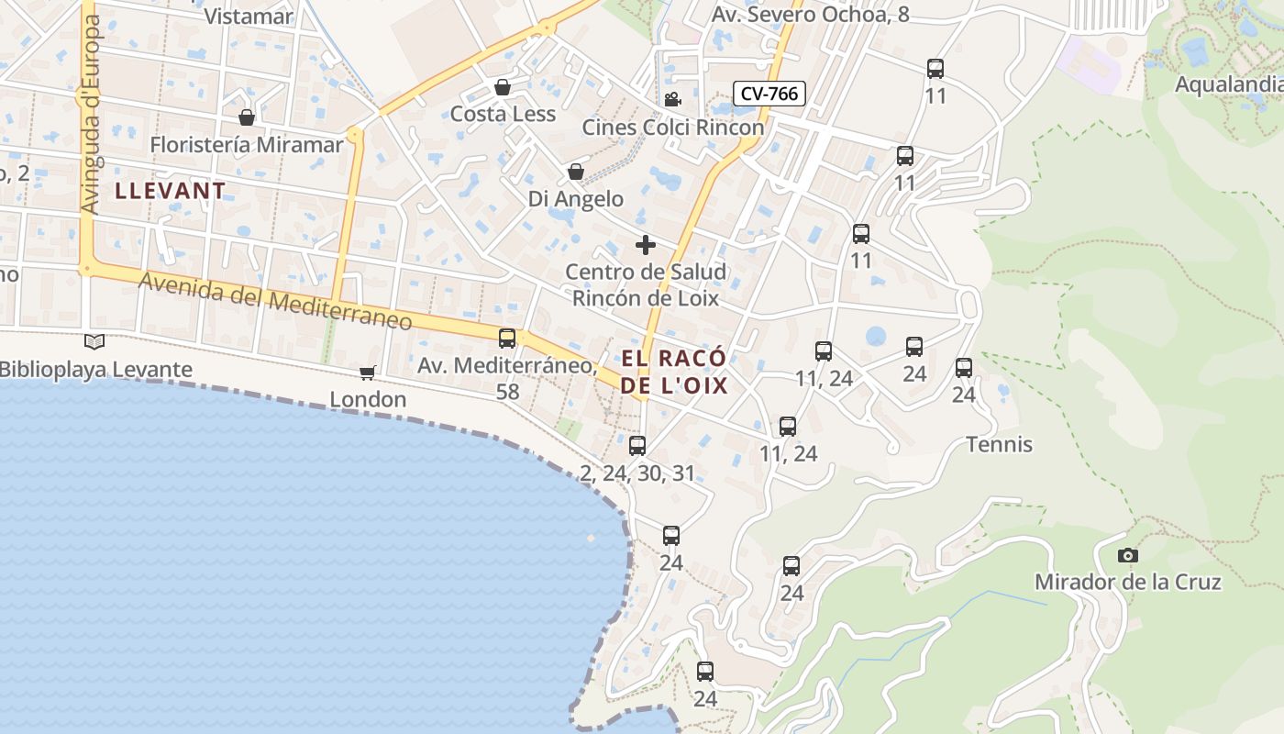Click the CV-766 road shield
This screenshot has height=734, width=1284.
(x=769, y=93)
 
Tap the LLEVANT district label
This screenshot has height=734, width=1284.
(x=171, y=191)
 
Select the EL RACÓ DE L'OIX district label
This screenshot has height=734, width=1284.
(x=674, y=372)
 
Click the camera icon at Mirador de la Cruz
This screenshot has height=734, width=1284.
(x=1128, y=555)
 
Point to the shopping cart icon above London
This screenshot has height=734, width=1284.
(x=368, y=373)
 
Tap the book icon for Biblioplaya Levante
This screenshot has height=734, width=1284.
(x=94, y=341)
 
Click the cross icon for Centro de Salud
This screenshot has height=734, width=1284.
(x=646, y=245)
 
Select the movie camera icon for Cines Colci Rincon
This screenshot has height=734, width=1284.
(x=672, y=99)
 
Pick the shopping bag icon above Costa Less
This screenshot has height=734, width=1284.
(x=503, y=87)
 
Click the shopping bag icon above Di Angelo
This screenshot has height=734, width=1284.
(x=576, y=172)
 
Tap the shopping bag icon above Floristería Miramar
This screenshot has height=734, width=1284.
(x=246, y=117)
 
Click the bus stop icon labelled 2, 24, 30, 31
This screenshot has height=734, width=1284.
(x=637, y=446)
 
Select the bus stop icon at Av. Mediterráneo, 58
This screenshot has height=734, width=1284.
(x=507, y=338)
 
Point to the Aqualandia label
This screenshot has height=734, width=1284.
(x=1229, y=84)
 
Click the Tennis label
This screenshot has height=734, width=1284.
(x=999, y=445)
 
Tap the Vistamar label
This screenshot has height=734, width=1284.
(x=248, y=16)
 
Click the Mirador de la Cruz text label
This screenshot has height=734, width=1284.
(x=1127, y=582)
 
